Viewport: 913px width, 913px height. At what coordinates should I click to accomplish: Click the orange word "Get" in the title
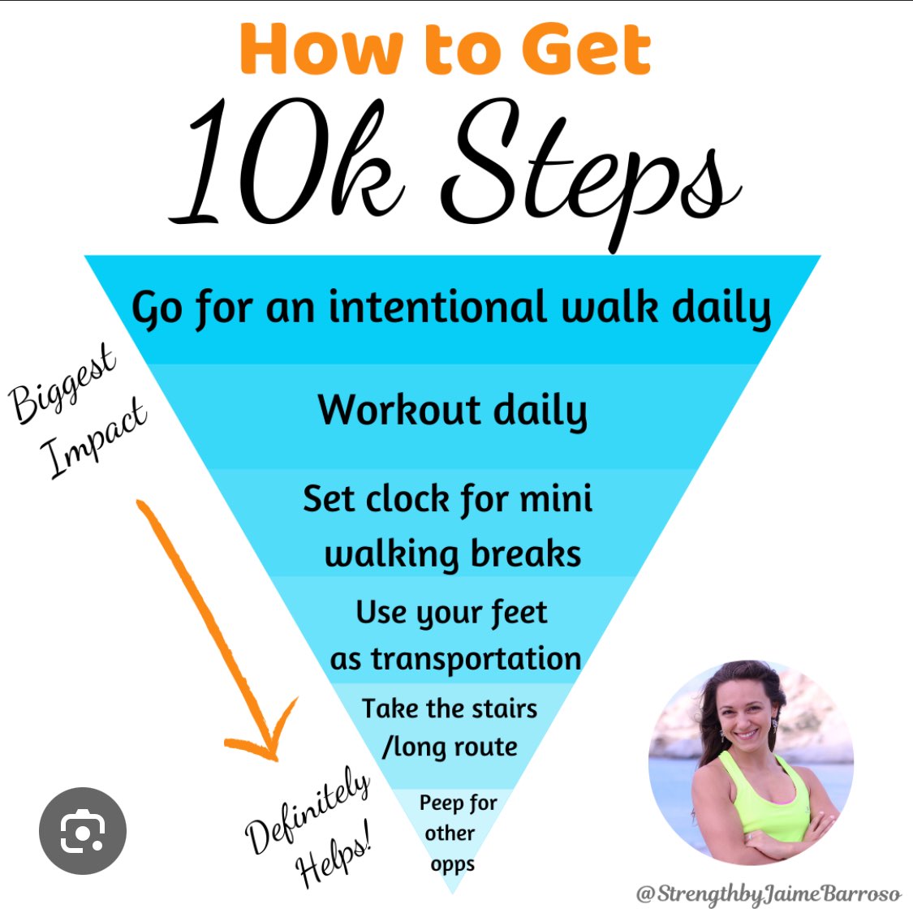[585, 49]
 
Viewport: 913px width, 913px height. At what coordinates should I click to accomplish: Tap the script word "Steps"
[589, 174]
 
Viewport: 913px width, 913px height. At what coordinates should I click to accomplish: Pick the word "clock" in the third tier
[407, 499]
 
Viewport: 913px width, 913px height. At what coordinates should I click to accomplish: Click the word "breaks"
[526, 553]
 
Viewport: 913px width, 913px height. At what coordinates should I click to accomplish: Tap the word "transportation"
[476, 659]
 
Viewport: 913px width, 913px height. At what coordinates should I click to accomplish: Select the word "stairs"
[504, 708]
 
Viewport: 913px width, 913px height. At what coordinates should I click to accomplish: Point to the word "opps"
[452, 864]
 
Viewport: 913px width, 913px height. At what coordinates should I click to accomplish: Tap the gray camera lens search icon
[83, 831]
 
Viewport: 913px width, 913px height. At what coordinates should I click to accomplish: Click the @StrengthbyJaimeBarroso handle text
[769, 894]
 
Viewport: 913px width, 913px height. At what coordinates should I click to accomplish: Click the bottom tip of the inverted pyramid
[452, 893]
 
